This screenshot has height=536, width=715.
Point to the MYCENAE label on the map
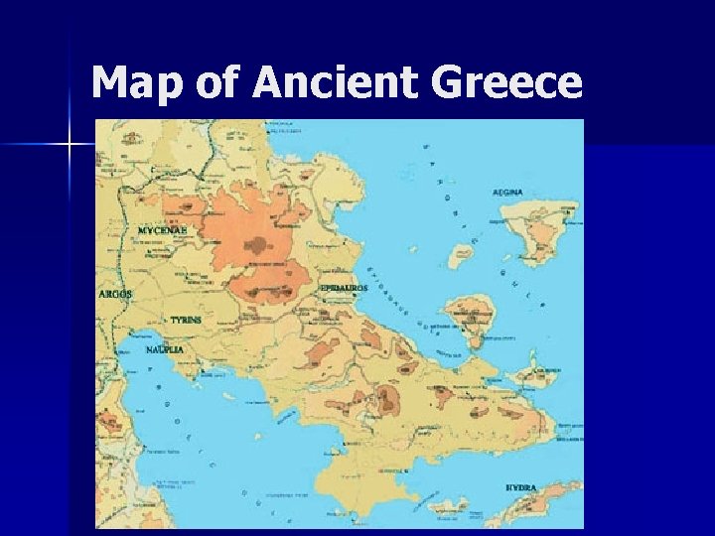(163, 229)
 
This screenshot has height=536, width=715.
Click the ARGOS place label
(115, 294)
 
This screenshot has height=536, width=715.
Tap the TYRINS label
(186, 321)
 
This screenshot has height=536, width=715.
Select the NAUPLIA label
(163, 350)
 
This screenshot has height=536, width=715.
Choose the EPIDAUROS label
(344, 288)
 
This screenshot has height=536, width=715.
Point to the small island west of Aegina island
(460, 257)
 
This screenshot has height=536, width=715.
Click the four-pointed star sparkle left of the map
(70, 146)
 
